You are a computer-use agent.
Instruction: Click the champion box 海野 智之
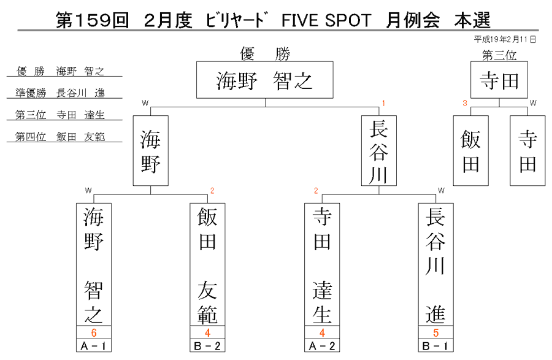coord(265,80)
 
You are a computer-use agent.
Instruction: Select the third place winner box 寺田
coord(499,80)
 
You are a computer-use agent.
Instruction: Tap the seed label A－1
coord(94,345)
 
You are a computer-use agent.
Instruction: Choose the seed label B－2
coord(207,345)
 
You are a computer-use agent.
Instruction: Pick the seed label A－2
coord(322,345)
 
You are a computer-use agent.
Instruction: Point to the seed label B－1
coord(436,345)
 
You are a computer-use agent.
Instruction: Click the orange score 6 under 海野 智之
coord(94,332)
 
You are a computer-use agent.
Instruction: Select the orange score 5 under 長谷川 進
coord(436,332)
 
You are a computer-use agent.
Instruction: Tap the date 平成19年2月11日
coord(505,39)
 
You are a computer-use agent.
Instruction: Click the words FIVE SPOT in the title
coord(326,20)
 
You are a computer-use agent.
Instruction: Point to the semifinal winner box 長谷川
coord(379,151)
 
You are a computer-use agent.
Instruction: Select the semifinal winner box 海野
coord(151,151)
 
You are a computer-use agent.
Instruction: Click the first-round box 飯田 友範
coord(207,264)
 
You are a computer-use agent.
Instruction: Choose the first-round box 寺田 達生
coord(322,264)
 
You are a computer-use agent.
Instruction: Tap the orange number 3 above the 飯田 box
coord(465,103)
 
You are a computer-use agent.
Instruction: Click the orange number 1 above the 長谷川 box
coord(383,103)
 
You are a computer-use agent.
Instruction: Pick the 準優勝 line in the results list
coord(60,93)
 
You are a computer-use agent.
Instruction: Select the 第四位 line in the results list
coord(60,137)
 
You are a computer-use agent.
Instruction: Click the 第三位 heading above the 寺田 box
coord(499,55)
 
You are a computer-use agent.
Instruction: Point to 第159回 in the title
coord(92,20)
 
